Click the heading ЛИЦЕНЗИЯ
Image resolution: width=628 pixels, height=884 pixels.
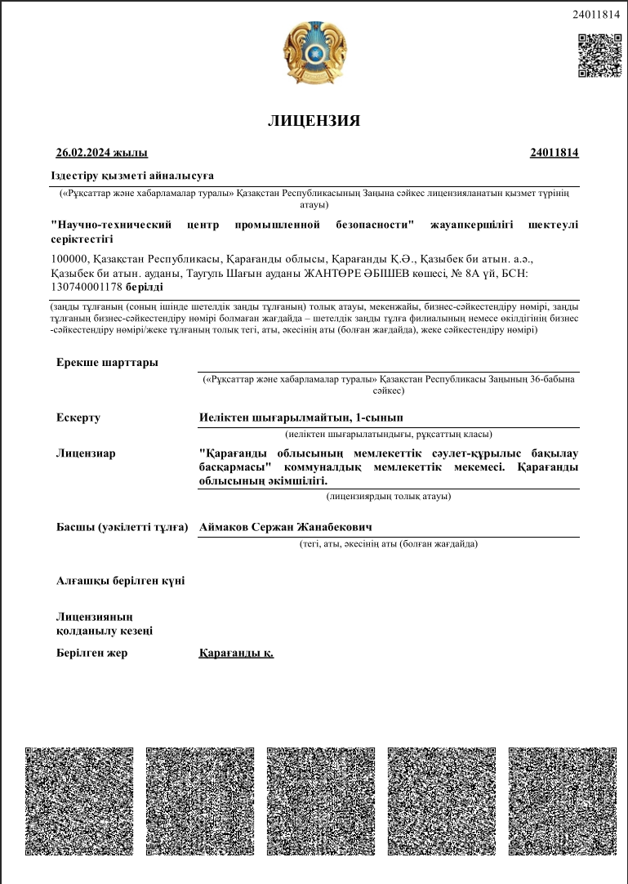pyautogui.click(x=314, y=121)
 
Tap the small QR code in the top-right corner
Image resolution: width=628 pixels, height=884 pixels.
pyautogui.click(x=599, y=56)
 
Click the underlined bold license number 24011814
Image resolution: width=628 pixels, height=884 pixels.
pyautogui.click(x=554, y=153)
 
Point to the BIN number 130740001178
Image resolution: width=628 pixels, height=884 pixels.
pyautogui.click(x=86, y=287)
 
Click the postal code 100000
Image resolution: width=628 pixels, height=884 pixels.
pyautogui.click(x=68, y=259)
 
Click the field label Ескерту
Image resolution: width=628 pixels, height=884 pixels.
pyautogui.click(x=78, y=417)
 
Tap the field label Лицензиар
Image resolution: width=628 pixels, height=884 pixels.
pyautogui.click(x=86, y=453)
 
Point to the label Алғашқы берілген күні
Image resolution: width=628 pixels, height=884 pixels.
pyautogui.click(x=120, y=581)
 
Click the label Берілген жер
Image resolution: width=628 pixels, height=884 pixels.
pyautogui.click(x=92, y=653)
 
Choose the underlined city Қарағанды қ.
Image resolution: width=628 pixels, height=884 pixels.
pyautogui.click(x=236, y=653)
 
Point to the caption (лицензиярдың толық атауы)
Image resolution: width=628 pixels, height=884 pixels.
pyautogui.click(x=388, y=496)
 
